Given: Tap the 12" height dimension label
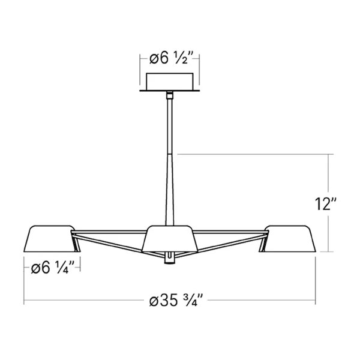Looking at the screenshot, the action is click(326, 203).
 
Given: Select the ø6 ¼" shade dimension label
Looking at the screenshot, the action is click(53, 268).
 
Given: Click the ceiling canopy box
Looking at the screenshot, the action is click(170, 81).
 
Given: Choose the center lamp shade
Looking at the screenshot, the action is click(170, 239).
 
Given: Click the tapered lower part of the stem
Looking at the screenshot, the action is click(170, 189).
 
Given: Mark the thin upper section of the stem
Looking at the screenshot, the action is click(170, 126).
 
